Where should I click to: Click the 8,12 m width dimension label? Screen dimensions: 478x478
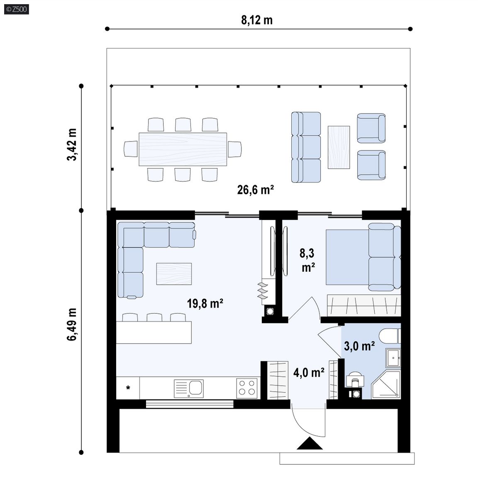click(257, 20)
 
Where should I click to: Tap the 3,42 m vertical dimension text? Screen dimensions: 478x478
click(72, 144)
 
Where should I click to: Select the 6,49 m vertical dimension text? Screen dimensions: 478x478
click(72, 324)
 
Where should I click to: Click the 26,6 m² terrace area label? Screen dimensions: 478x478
click(256, 190)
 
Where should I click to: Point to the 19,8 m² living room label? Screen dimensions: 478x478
click(205, 303)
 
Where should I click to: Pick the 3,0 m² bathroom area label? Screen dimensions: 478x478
click(359, 346)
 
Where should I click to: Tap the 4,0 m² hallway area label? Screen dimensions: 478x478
click(309, 372)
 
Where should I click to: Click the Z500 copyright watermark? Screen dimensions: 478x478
click(17, 9)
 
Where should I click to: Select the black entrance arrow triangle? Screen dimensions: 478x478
click(310, 444)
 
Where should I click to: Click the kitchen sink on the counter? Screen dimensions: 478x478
click(189, 388)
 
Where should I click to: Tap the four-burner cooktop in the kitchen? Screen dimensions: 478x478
click(246, 388)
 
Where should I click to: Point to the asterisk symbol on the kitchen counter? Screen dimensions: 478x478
click(128, 388)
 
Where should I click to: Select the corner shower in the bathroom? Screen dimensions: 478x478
click(386, 385)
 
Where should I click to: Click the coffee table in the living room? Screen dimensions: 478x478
click(174, 274)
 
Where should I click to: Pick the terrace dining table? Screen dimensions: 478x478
click(183, 149)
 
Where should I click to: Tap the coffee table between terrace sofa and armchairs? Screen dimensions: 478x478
click(339, 147)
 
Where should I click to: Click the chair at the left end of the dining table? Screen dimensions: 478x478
click(131, 149)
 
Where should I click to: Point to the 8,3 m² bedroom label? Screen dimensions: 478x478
click(307, 260)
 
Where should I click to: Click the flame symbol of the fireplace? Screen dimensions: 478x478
click(263, 291)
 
